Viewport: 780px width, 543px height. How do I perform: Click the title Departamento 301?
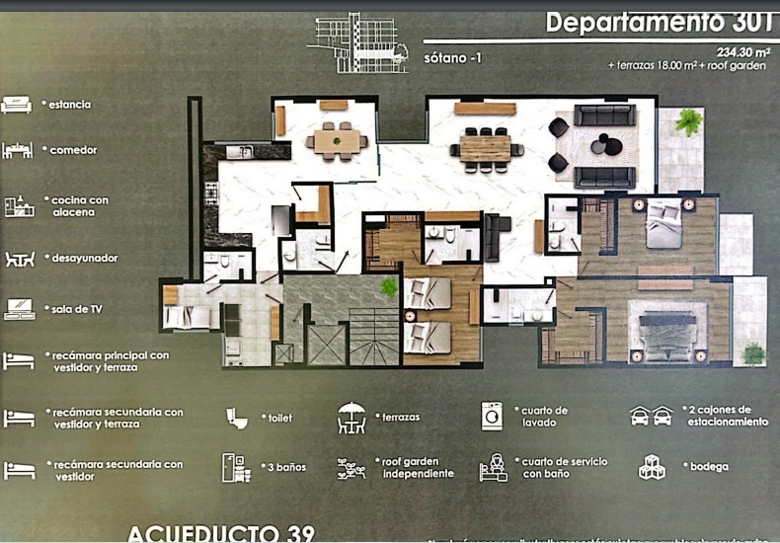coord(657,22)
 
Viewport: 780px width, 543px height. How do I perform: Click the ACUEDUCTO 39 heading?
coord(220,533)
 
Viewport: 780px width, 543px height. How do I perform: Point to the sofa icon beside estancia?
coord(18,104)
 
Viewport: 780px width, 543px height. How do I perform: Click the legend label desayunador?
coord(83,258)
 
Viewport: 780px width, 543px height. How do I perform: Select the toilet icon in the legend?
coord(237,418)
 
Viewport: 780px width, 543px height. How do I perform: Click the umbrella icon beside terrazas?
coord(351,417)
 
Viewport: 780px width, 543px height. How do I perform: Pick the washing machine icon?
coord(492,416)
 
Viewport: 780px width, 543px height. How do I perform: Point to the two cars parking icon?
coord(652,416)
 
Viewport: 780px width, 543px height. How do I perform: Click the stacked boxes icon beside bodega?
coord(652,466)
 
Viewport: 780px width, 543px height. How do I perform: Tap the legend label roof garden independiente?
coord(414,467)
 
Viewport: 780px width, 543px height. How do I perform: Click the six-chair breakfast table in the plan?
coord(337,141)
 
